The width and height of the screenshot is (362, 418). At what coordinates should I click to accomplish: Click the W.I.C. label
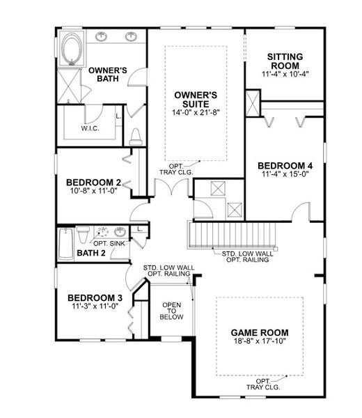coord(88,128)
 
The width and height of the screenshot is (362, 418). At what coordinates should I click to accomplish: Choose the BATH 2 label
coord(90,252)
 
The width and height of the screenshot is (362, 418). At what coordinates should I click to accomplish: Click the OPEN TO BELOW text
coord(172,311)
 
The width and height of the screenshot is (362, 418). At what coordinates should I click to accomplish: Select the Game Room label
coord(260,332)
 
